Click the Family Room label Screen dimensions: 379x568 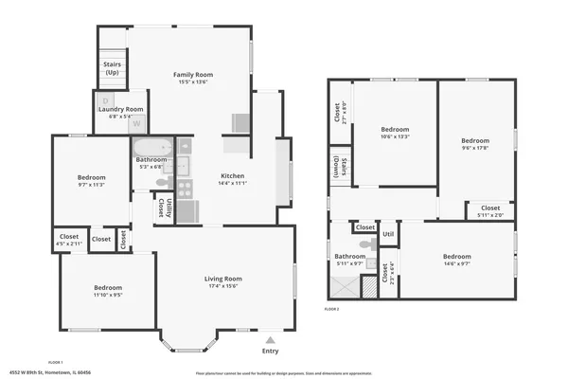click(192, 75)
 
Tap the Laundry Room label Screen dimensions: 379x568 click(121, 109)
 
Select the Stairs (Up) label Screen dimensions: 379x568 click(112, 68)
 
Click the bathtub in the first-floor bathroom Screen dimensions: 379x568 click(151, 147)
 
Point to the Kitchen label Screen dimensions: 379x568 click(233, 176)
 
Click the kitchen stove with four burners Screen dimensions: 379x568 click(185, 187)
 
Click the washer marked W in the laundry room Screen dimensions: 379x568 click(136, 123)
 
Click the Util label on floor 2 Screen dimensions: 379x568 click(388, 233)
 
